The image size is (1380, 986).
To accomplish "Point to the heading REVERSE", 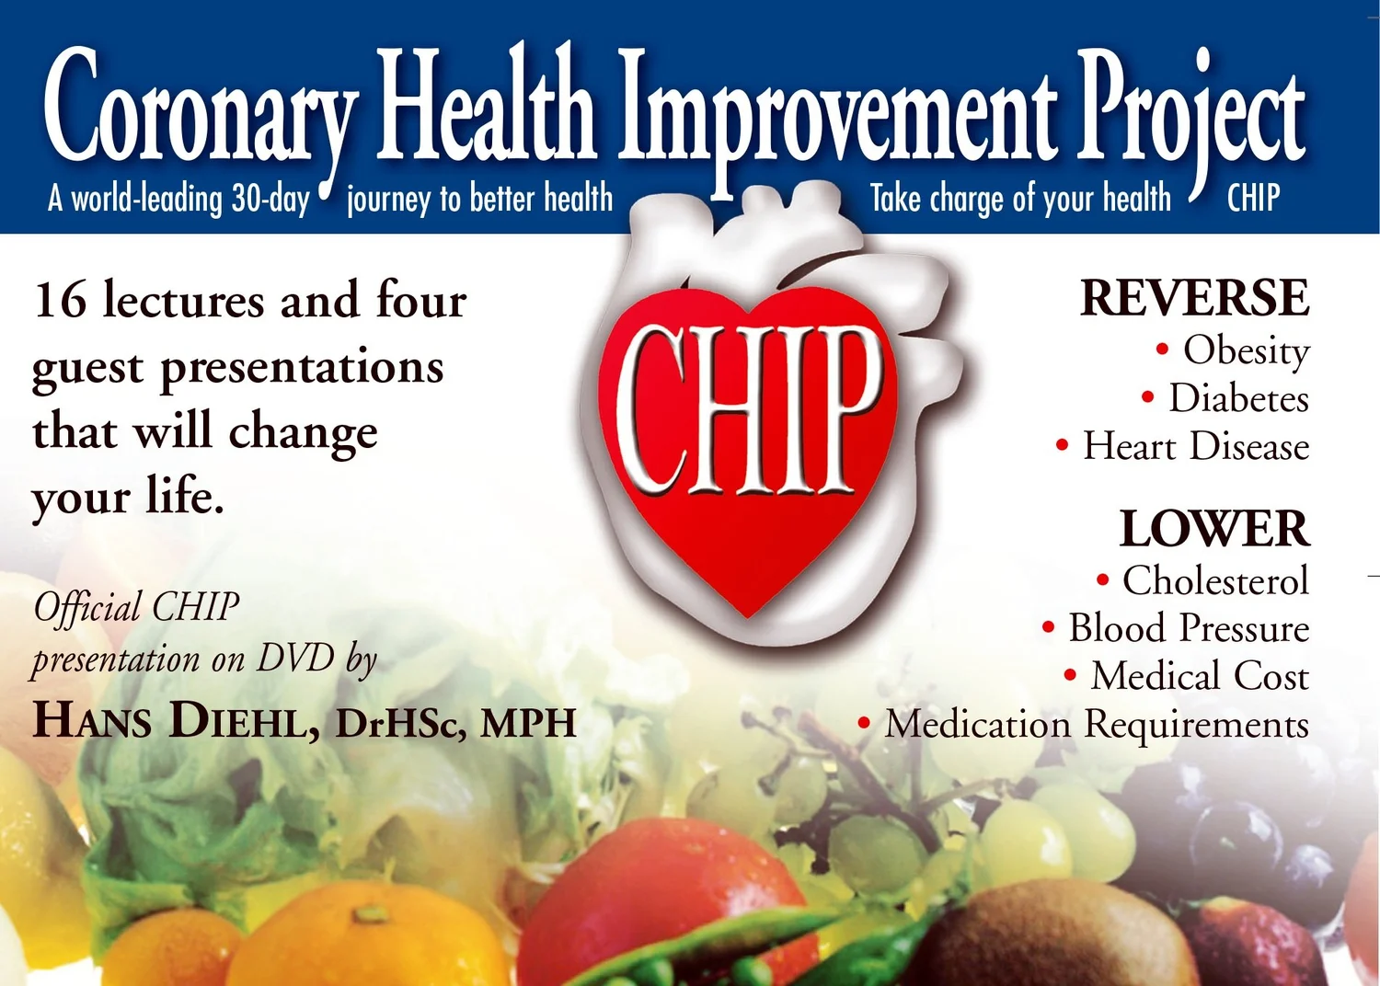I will point(1194,298).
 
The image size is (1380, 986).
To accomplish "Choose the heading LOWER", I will point(1213,529).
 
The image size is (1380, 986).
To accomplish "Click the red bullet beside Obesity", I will point(1162,350).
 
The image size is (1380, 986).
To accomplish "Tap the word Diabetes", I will point(1238,399).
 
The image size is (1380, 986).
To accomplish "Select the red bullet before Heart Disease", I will point(1062,446).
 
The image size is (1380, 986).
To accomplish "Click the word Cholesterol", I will point(1214,580).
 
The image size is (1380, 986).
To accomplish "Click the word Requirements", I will point(1196,725).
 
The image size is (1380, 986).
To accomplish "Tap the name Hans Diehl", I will point(175,720).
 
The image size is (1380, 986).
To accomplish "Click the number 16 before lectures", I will point(60,301).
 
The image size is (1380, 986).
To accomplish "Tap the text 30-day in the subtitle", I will point(270,199).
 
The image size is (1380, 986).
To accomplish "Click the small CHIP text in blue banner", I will point(1253,198).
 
